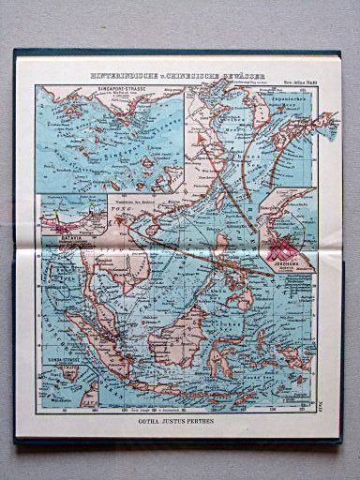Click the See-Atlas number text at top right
(x=300, y=83)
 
